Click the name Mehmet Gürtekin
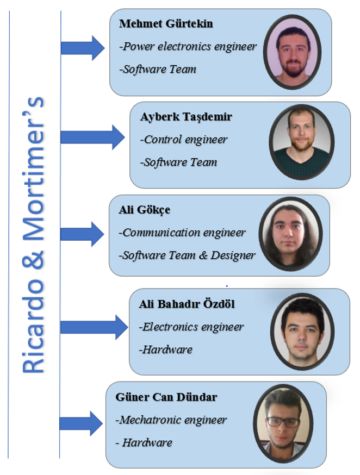[x=166, y=24]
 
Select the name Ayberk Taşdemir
[x=186, y=117]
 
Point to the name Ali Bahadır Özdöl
[x=187, y=304]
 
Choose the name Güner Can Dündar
[x=166, y=397]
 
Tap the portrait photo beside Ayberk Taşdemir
[x=300, y=143]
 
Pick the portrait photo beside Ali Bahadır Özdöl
[x=300, y=330]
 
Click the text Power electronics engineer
[x=188, y=47]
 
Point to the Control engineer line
[x=184, y=140]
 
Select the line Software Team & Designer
[x=187, y=255]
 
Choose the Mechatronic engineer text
[x=171, y=420]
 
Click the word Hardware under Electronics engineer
[x=166, y=349]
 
